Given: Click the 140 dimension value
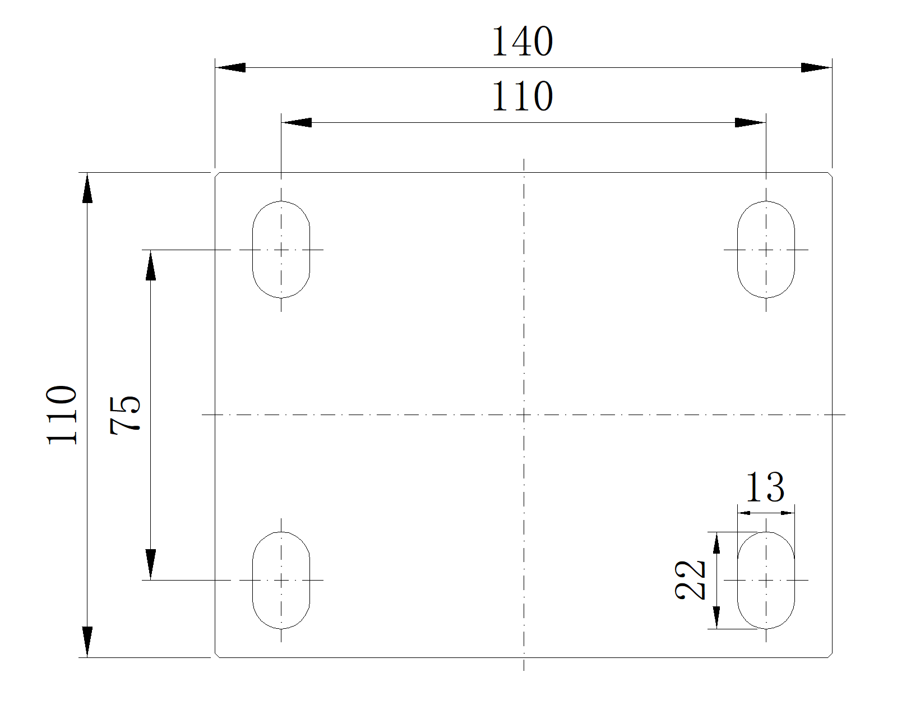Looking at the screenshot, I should pos(523,42).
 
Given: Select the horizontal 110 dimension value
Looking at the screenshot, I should pos(523,96).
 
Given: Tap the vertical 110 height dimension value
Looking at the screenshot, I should pos(62,415).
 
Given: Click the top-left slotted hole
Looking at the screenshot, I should pos(281,249).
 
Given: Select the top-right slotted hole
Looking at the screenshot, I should pos(766,249).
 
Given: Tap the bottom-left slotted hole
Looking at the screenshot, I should pos(281,580).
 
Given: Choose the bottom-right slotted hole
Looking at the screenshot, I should pos(766,580).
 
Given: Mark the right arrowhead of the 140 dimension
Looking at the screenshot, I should pos(817,68).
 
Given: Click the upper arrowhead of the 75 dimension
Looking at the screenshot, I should pos(150,265).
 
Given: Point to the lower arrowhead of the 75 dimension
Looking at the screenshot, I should pos(150,564).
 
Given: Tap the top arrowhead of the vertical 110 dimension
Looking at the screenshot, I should pos(87,188).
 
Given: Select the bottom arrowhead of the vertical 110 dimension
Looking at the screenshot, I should pos(87,642).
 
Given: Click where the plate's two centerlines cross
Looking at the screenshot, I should pos(524,415).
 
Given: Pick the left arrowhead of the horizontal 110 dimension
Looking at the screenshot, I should pos(296,122).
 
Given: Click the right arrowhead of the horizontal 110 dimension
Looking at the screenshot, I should pos(751,122).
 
